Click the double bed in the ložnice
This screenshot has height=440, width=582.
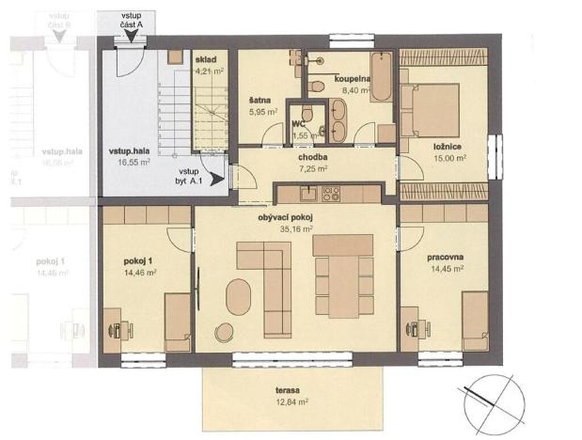point(430,110)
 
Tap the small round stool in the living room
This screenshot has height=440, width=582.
point(226,330)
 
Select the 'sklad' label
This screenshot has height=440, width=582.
point(207,59)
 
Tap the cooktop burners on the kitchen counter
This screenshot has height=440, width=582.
point(331,194)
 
